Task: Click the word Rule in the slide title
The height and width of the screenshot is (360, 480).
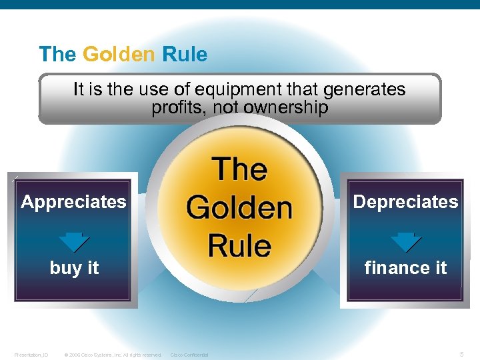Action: pyautogui.click(x=184, y=54)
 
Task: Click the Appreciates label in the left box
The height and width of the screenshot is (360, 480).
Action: pyautogui.click(x=73, y=201)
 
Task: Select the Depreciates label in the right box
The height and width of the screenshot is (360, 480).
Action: pyautogui.click(x=405, y=201)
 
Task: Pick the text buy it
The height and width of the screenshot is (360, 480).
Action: pyautogui.click(x=74, y=268)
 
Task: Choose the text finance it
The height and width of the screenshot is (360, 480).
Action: pyautogui.click(x=405, y=268)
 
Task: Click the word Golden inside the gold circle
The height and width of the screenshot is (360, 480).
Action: pyautogui.click(x=239, y=208)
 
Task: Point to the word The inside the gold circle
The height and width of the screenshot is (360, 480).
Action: pyautogui.click(x=239, y=169)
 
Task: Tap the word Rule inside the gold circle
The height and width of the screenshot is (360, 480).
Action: pyautogui.click(x=239, y=245)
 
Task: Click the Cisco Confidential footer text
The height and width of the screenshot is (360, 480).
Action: pyautogui.click(x=189, y=355)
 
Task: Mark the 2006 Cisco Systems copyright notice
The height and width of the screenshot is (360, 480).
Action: pyautogui.click(x=113, y=355)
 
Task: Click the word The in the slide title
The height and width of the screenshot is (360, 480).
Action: pyautogui.click(x=57, y=54)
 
